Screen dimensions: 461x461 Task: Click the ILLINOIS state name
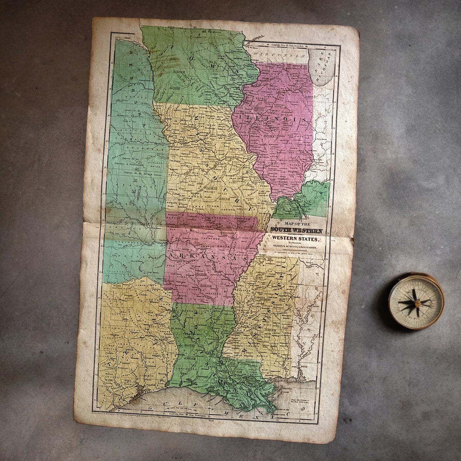tap(273, 118)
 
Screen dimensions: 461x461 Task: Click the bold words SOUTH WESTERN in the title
tap(296, 230)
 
